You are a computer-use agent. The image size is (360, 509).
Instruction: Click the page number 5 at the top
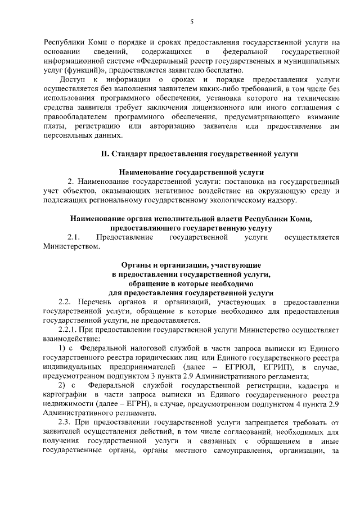click(x=191, y=22)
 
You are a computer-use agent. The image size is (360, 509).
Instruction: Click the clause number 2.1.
click(x=74, y=237)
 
